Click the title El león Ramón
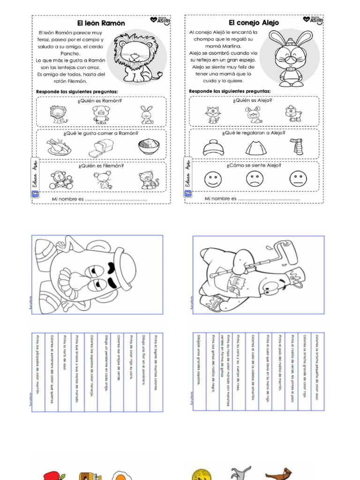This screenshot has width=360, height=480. (x=101, y=22)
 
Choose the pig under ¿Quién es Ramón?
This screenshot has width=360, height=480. (x=101, y=114)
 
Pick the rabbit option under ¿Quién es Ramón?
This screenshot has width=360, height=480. (x=147, y=115)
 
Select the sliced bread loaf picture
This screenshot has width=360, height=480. (x=101, y=148)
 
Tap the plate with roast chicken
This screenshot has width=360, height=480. (x=59, y=147)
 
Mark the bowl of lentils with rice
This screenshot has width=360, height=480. (x=149, y=147)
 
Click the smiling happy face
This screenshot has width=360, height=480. (x=212, y=179)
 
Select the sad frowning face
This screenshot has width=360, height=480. (x=255, y=179)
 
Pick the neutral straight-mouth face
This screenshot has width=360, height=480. (x=298, y=179)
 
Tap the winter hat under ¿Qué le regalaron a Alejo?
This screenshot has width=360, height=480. (x=213, y=147)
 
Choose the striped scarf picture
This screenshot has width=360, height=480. (x=296, y=147)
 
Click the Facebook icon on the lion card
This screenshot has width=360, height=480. (x=35, y=195)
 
